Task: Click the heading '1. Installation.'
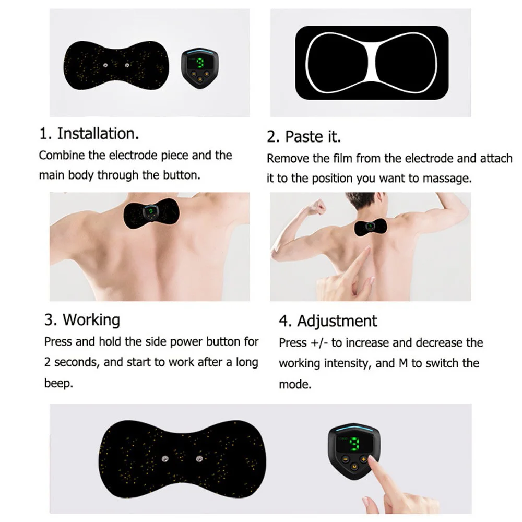pyautogui.click(x=89, y=134)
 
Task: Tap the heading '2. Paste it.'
pyautogui.click(x=304, y=137)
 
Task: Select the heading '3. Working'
pyautogui.click(x=82, y=319)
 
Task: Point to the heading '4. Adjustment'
pyautogui.click(x=328, y=321)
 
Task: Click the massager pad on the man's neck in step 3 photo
pyautogui.click(x=148, y=214)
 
